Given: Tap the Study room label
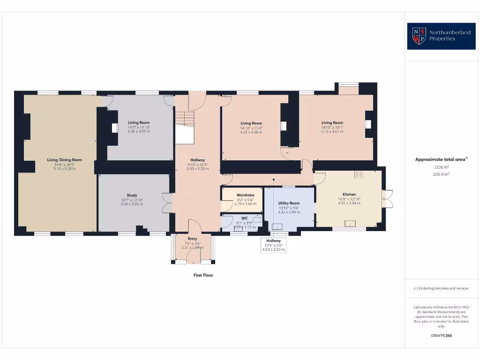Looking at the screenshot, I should click(132, 195).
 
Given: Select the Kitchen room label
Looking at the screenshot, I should click(349, 194).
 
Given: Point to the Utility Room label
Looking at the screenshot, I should click(289, 203).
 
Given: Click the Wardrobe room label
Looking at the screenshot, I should click(245, 195).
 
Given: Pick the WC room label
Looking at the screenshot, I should click(244, 218).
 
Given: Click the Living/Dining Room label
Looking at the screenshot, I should click(64, 160).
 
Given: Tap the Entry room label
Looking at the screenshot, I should click(192, 239).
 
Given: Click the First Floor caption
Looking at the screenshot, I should click(203, 275).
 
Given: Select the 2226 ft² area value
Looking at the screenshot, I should click(441, 167).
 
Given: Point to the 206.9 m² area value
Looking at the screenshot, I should click(441, 174).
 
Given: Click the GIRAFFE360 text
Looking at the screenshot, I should click(441, 336).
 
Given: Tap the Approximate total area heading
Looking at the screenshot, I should click(441, 159).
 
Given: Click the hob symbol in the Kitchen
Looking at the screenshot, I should click(360, 174).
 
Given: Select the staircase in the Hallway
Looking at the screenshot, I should click(184, 127).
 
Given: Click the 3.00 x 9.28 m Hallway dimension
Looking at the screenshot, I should click(197, 169).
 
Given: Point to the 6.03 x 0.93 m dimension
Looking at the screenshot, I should click(273, 249).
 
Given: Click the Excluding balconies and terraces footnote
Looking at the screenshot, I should click(441, 288).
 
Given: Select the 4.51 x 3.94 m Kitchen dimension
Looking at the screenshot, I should click(349, 203).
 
